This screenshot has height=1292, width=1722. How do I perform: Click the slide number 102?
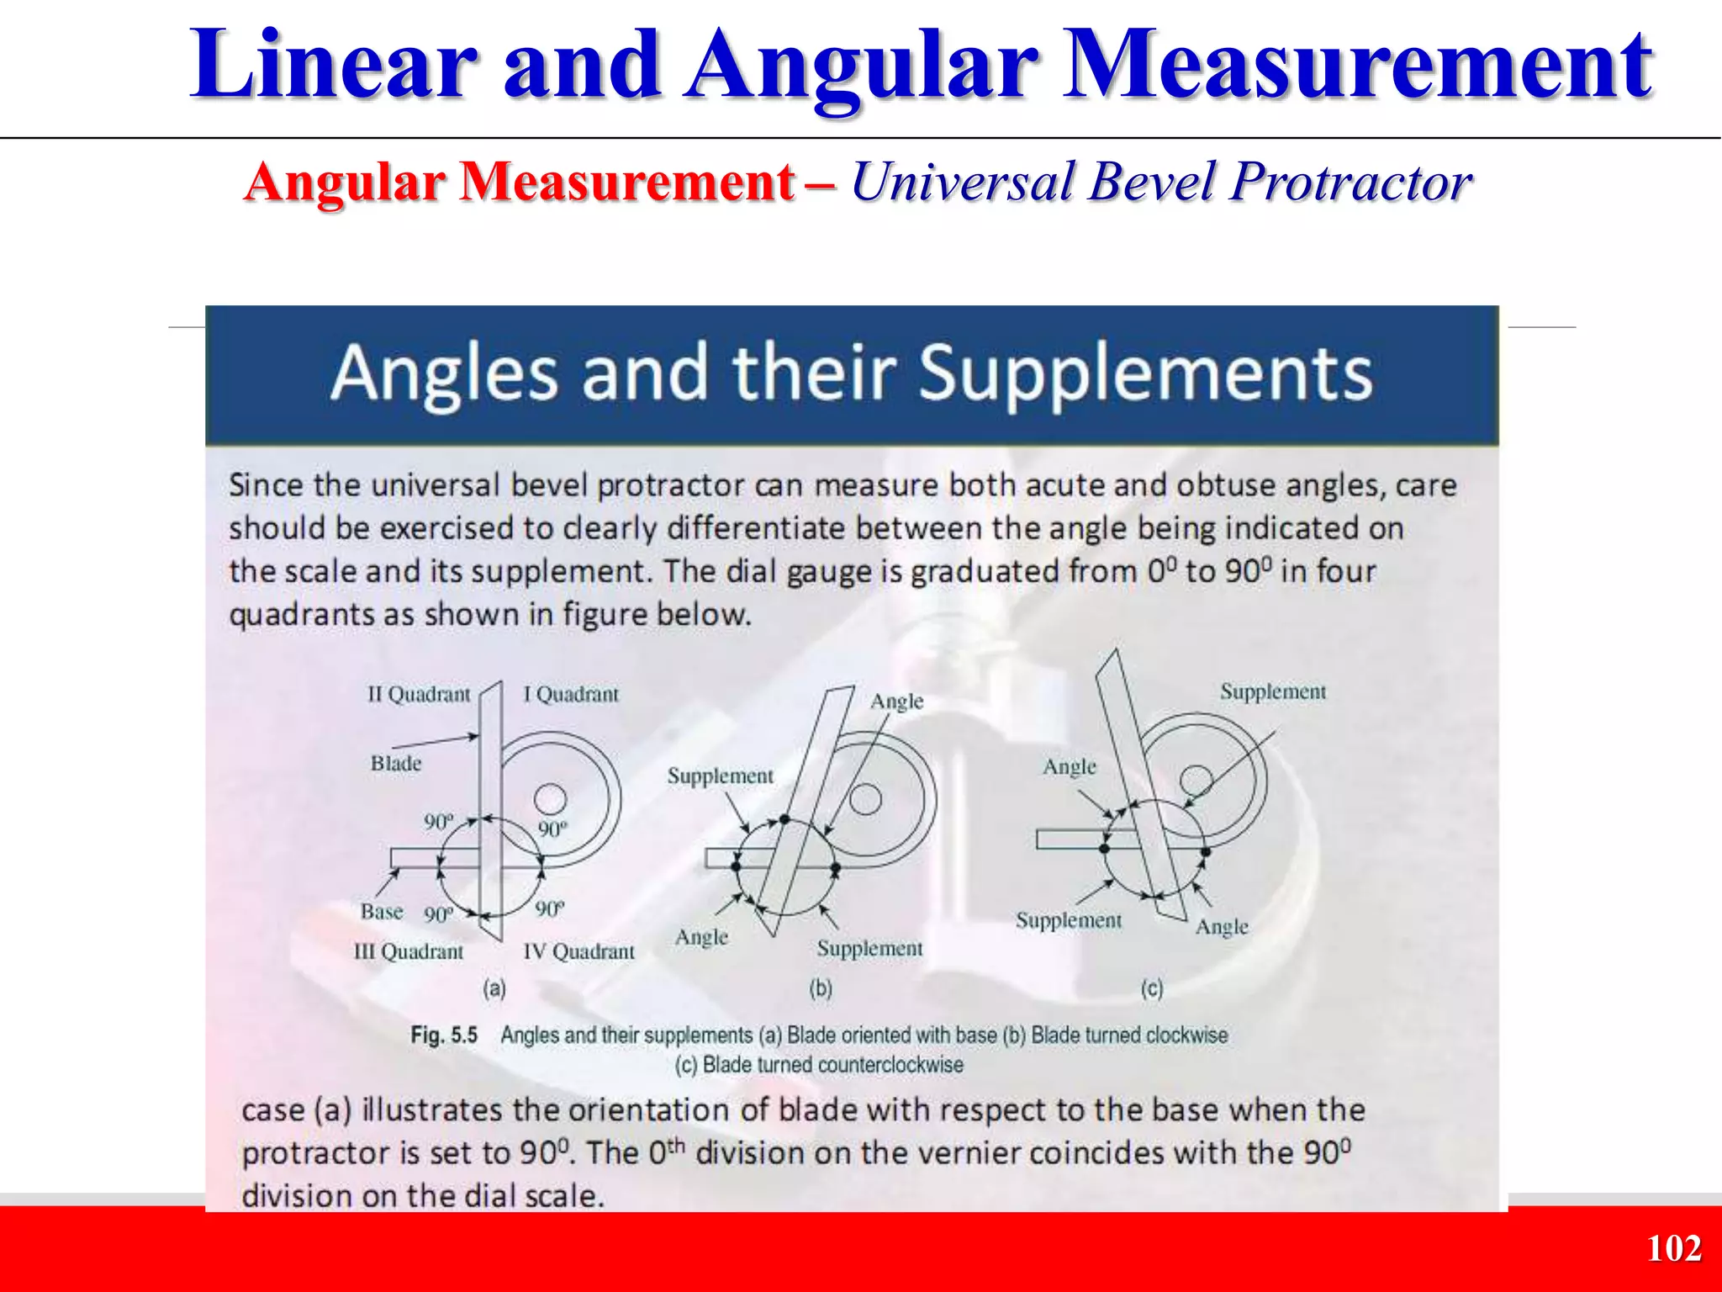tap(1673, 1248)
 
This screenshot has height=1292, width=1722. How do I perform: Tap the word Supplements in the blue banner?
tap(1144, 373)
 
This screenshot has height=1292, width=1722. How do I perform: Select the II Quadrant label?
tap(419, 695)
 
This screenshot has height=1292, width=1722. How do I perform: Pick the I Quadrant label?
tap(571, 695)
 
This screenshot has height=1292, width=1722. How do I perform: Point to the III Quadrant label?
tap(409, 951)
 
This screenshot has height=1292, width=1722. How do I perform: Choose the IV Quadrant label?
tap(578, 951)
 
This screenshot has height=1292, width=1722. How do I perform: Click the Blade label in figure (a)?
tap(396, 764)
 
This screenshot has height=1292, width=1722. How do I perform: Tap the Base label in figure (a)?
tap(382, 912)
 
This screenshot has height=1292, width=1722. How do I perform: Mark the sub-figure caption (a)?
tap(494, 988)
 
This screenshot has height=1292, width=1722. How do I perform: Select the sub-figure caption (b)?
tap(821, 988)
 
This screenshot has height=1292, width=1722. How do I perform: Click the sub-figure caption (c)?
tap(1152, 988)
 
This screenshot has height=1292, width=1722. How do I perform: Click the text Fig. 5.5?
tap(444, 1035)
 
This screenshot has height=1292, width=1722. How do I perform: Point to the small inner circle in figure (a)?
tap(551, 799)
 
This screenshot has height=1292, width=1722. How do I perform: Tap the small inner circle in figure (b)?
tap(865, 799)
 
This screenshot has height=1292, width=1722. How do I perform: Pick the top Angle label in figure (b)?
tap(896, 702)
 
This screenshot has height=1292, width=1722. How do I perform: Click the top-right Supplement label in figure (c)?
tap(1273, 692)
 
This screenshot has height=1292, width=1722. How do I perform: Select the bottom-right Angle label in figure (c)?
tap(1222, 927)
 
